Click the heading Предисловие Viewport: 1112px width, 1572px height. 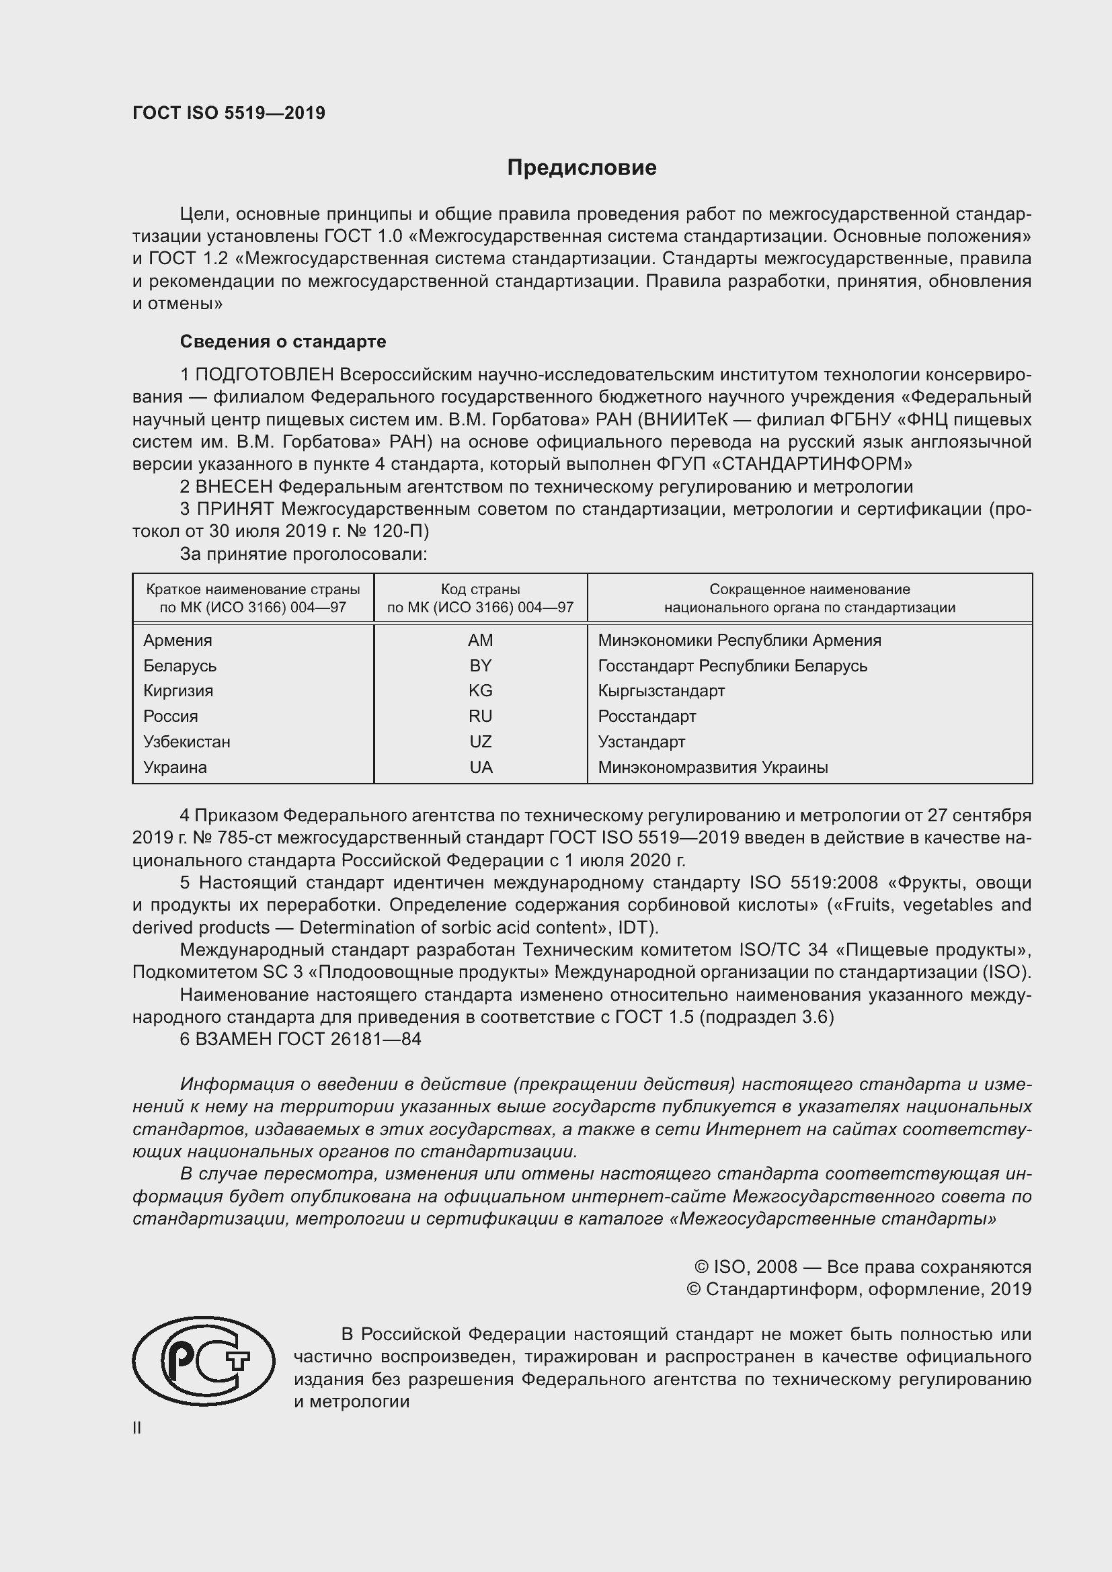click(582, 168)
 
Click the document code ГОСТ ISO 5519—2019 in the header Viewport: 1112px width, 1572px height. click(229, 114)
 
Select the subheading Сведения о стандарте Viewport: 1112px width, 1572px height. click(283, 341)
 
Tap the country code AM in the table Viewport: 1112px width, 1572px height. click(480, 640)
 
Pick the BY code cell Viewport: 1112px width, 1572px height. click(480, 665)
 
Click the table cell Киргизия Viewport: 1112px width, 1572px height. click(178, 691)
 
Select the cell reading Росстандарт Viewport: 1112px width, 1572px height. click(646, 716)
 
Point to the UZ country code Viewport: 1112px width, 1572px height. click(480, 741)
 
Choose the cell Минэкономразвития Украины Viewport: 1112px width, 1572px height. click(712, 768)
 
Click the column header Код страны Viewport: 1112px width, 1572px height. click(480, 589)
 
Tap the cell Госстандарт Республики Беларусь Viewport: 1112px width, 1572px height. click(732, 665)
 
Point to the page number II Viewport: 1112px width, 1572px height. click(137, 1428)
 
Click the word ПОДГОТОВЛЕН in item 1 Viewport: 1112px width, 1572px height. click(264, 374)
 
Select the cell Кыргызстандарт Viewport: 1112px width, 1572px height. click(661, 691)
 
